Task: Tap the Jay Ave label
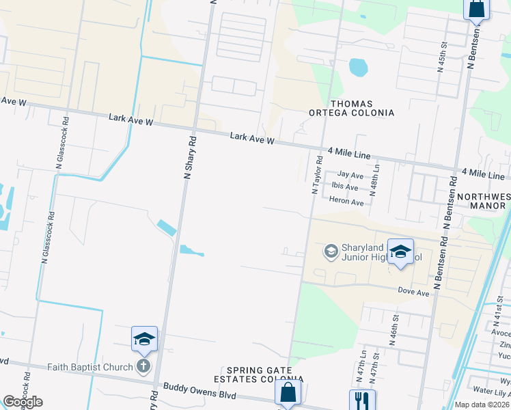tap(350, 176)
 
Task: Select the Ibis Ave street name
tap(345, 187)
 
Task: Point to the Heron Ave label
tap(347, 202)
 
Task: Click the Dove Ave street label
tap(414, 293)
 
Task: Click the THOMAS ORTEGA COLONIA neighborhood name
tap(362, 108)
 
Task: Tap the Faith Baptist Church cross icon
tap(143, 366)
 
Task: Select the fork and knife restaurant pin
tap(362, 400)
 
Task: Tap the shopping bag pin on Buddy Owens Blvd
tap(288, 393)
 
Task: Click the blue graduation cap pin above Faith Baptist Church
tap(145, 338)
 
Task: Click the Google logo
tap(23, 402)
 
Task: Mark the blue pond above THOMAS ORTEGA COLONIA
tap(357, 67)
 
